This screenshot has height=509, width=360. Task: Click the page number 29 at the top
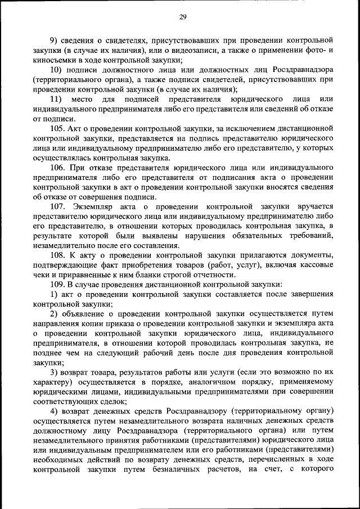click(183, 17)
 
